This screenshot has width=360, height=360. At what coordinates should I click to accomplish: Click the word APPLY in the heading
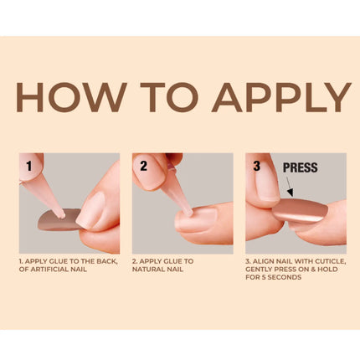[281, 97]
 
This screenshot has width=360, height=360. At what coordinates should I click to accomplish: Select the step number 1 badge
[30, 165]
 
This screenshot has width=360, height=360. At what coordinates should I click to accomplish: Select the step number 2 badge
[143, 165]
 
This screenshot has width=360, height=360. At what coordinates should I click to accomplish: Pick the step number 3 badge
[255, 165]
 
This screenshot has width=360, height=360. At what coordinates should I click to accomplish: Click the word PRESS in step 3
[301, 167]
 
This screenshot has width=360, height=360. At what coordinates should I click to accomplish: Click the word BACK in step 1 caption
[102, 261]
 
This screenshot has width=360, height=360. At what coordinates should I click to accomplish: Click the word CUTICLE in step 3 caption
[325, 261]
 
